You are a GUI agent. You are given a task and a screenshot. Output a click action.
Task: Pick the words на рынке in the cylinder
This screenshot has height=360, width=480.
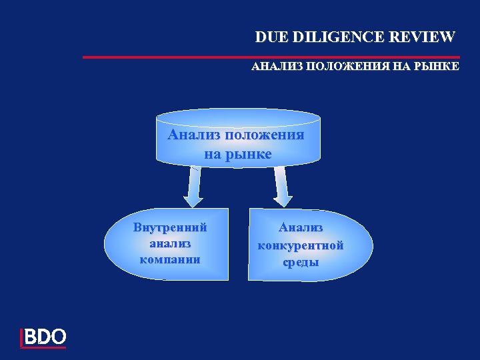(237, 154)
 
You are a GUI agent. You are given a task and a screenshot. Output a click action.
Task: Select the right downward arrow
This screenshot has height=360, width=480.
(282, 189)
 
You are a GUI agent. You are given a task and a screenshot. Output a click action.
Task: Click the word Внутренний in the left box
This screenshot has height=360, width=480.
(170, 227)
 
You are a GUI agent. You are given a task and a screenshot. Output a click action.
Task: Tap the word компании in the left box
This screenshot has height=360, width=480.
(170, 258)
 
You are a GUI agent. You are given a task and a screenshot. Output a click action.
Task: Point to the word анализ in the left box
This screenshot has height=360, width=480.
(170, 243)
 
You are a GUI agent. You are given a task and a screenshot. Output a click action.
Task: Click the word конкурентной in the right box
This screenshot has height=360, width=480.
(301, 246)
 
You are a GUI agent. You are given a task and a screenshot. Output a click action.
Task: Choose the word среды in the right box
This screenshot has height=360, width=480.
(301, 262)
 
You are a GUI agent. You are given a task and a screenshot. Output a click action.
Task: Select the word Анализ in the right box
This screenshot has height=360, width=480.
(301, 229)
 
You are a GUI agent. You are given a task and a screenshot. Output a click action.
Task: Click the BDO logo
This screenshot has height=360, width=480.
(44, 337)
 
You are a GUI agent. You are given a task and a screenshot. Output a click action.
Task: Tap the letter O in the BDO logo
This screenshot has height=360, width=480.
(58, 337)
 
